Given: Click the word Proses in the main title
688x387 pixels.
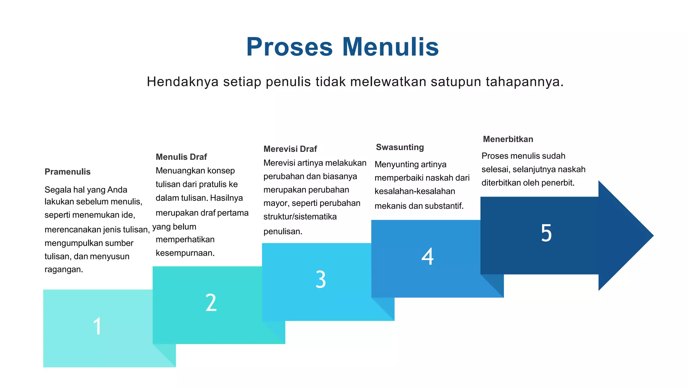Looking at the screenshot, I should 289,47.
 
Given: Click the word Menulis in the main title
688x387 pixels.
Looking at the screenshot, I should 390,47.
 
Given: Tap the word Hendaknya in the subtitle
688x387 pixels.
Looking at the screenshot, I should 183,82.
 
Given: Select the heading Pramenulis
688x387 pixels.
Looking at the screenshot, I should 68,172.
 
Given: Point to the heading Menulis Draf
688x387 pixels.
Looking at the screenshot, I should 181,157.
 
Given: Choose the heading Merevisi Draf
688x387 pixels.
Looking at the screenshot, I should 290,149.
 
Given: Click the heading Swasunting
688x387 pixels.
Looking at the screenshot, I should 400,147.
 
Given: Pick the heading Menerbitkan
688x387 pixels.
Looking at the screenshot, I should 508,139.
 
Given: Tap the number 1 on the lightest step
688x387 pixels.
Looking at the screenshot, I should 97,326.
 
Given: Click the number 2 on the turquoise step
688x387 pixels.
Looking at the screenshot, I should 211,302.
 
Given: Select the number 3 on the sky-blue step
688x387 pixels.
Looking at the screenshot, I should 320,279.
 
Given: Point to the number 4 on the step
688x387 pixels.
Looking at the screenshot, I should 427,256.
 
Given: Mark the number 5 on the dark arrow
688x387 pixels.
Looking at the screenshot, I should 546,233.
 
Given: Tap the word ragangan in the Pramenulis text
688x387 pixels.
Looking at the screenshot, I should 63,269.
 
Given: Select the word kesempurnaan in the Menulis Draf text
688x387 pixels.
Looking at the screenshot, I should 185,253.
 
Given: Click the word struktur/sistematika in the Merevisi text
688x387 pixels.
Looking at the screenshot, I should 300,217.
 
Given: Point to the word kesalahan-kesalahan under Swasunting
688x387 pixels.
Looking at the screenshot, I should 415,191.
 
